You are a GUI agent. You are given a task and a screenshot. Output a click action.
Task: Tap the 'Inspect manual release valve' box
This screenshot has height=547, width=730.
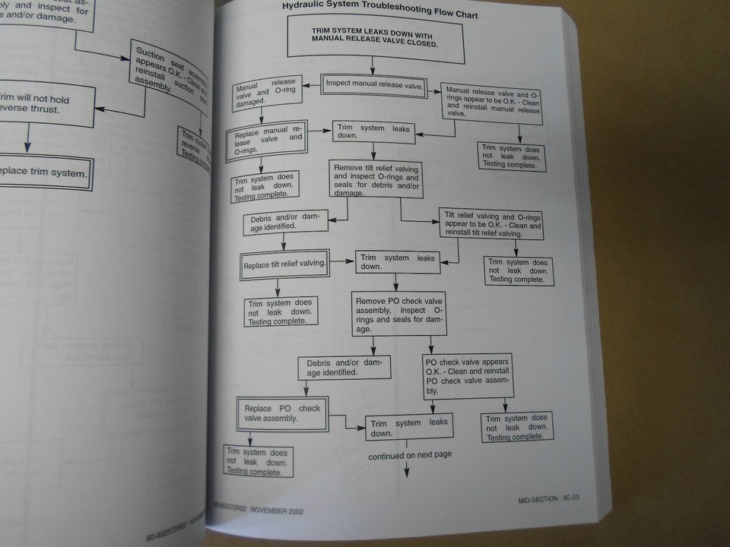coord(374,84)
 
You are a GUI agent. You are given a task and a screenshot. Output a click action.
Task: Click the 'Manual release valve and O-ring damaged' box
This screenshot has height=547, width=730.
coord(265,92)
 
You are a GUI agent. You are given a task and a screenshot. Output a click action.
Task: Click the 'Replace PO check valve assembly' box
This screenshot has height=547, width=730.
coord(282,414)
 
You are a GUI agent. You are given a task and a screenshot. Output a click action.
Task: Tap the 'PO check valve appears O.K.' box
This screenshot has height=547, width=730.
coord(468,375)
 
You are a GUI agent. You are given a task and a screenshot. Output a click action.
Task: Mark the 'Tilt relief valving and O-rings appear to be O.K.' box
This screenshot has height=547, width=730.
coord(492,224)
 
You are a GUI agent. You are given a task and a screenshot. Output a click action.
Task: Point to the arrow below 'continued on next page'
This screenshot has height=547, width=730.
coord(407,471)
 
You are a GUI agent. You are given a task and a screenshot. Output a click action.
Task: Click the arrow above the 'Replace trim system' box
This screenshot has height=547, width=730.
coord(27,139)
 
